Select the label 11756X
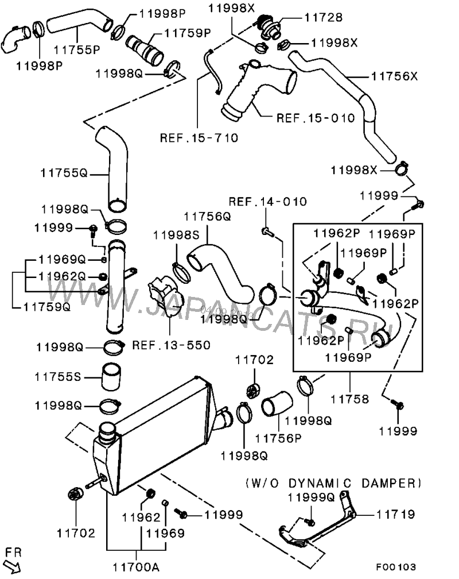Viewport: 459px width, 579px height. coord(394,75)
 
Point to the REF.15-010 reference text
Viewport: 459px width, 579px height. coord(316,119)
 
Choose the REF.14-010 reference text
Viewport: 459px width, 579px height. coord(268,202)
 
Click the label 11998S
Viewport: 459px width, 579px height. coord(175,234)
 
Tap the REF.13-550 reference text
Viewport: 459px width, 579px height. coord(171,345)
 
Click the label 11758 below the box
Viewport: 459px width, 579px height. coord(350,396)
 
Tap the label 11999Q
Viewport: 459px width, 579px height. coord(310,497)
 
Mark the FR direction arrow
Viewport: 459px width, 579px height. coord(14,566)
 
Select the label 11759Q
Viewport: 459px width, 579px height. coord(46,307)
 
